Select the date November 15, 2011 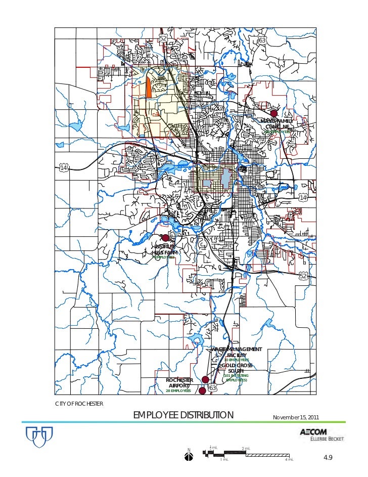coord(295,417)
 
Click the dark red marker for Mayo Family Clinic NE coord(274,113)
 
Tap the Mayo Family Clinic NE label coord(277,124)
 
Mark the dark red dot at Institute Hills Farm coord(165,238)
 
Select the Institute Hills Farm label coord(165,249)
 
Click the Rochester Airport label coord(179,382)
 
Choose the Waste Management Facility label coord(237,353)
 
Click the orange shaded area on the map coord(149,86)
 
